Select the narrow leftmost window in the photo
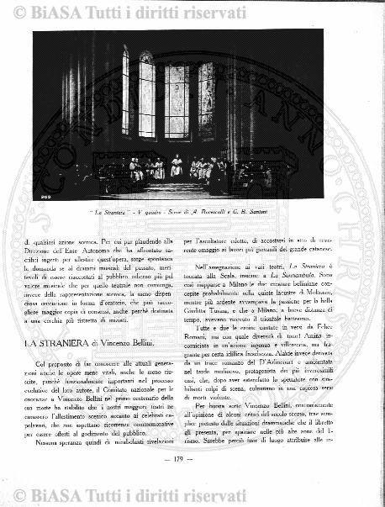point(125,92)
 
